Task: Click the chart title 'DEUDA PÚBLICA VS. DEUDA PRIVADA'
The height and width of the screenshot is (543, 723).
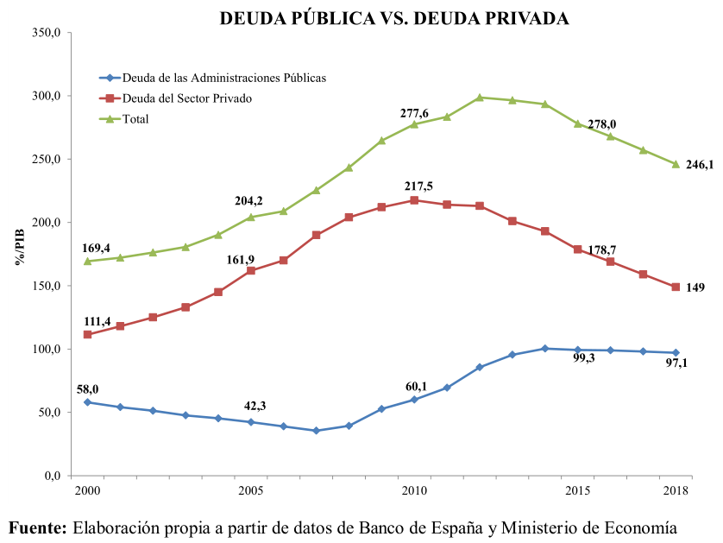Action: tap(394, 18)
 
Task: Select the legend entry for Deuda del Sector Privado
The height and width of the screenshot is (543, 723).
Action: tap(187, 98)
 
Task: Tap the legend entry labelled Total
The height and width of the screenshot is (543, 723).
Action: tap(135, 119)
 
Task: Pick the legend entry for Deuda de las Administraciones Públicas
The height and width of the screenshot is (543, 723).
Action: tap(224, 78)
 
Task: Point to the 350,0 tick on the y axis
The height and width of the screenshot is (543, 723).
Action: tap(44, 33)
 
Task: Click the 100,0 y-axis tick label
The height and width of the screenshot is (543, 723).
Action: tap(44, 349)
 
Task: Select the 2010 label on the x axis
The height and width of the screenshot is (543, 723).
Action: tap(414, 490)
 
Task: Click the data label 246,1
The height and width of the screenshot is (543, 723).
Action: tap(700, 165)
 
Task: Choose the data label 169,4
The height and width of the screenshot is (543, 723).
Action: tap(96, 248)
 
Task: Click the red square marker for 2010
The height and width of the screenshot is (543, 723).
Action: tap(414, 200)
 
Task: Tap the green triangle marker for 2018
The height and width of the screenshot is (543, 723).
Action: tap(676, 164)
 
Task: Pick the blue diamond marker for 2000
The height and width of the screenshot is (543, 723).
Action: tap(87, 402)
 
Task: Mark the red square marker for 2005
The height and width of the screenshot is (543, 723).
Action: tap(251, 271)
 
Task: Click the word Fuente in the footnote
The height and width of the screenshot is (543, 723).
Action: tap(38, 527)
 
